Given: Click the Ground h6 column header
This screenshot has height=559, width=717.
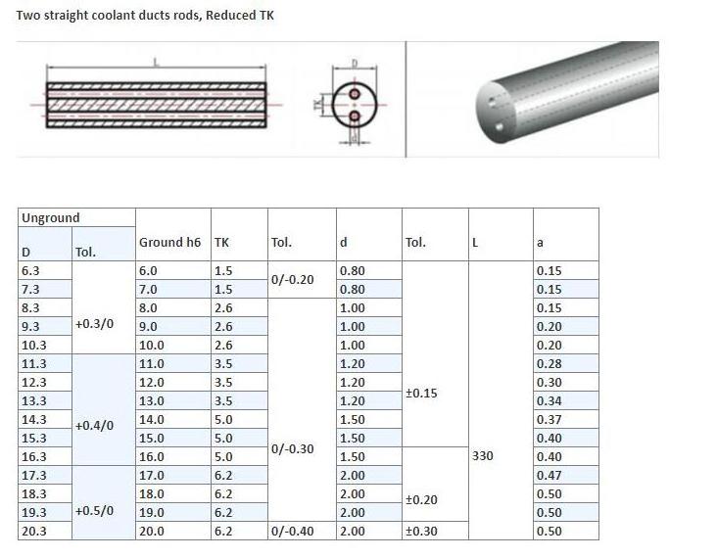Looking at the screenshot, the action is tap(169, 242).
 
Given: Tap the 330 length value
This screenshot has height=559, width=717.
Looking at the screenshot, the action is tap(483, 455).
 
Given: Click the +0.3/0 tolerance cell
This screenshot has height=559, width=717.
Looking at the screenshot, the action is tap(94, 324).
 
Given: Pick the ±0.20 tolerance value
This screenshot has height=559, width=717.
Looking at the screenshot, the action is tap(421, 499).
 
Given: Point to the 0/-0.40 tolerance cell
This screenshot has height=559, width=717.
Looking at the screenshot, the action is tap(293, 532).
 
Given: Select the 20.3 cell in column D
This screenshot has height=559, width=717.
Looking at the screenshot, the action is tap(34, 532).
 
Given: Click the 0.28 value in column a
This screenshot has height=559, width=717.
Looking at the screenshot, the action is tap(549, 364).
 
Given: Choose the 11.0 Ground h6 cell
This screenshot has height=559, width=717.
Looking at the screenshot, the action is tap(152, 364).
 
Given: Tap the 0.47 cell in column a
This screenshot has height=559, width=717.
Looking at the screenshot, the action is tap(549, 476).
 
